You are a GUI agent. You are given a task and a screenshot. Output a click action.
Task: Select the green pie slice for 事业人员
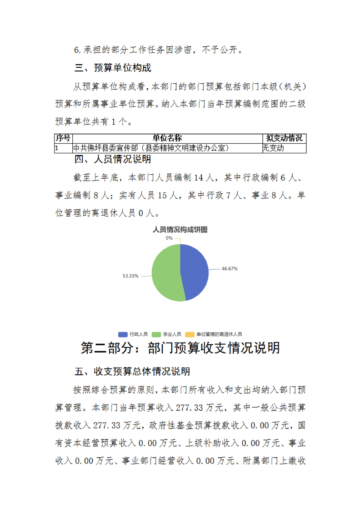165,273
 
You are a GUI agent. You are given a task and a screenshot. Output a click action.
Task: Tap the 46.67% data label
230,268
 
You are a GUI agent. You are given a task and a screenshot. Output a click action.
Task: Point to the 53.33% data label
130,276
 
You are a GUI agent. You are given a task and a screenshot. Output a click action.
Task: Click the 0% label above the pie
169,238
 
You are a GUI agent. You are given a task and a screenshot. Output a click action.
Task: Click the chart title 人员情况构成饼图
180,230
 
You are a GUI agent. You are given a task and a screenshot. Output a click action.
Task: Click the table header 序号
63,138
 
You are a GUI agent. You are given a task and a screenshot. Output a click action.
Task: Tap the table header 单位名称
167,138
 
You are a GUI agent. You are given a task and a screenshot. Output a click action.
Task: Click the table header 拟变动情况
284,138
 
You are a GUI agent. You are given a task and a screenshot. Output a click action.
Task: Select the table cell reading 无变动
274,148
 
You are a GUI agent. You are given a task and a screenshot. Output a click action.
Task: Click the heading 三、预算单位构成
113,68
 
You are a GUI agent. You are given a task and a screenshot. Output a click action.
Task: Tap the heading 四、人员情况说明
113,160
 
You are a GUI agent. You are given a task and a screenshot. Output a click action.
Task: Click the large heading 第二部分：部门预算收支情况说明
180,348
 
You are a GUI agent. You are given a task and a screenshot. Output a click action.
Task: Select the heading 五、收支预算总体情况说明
132,372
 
